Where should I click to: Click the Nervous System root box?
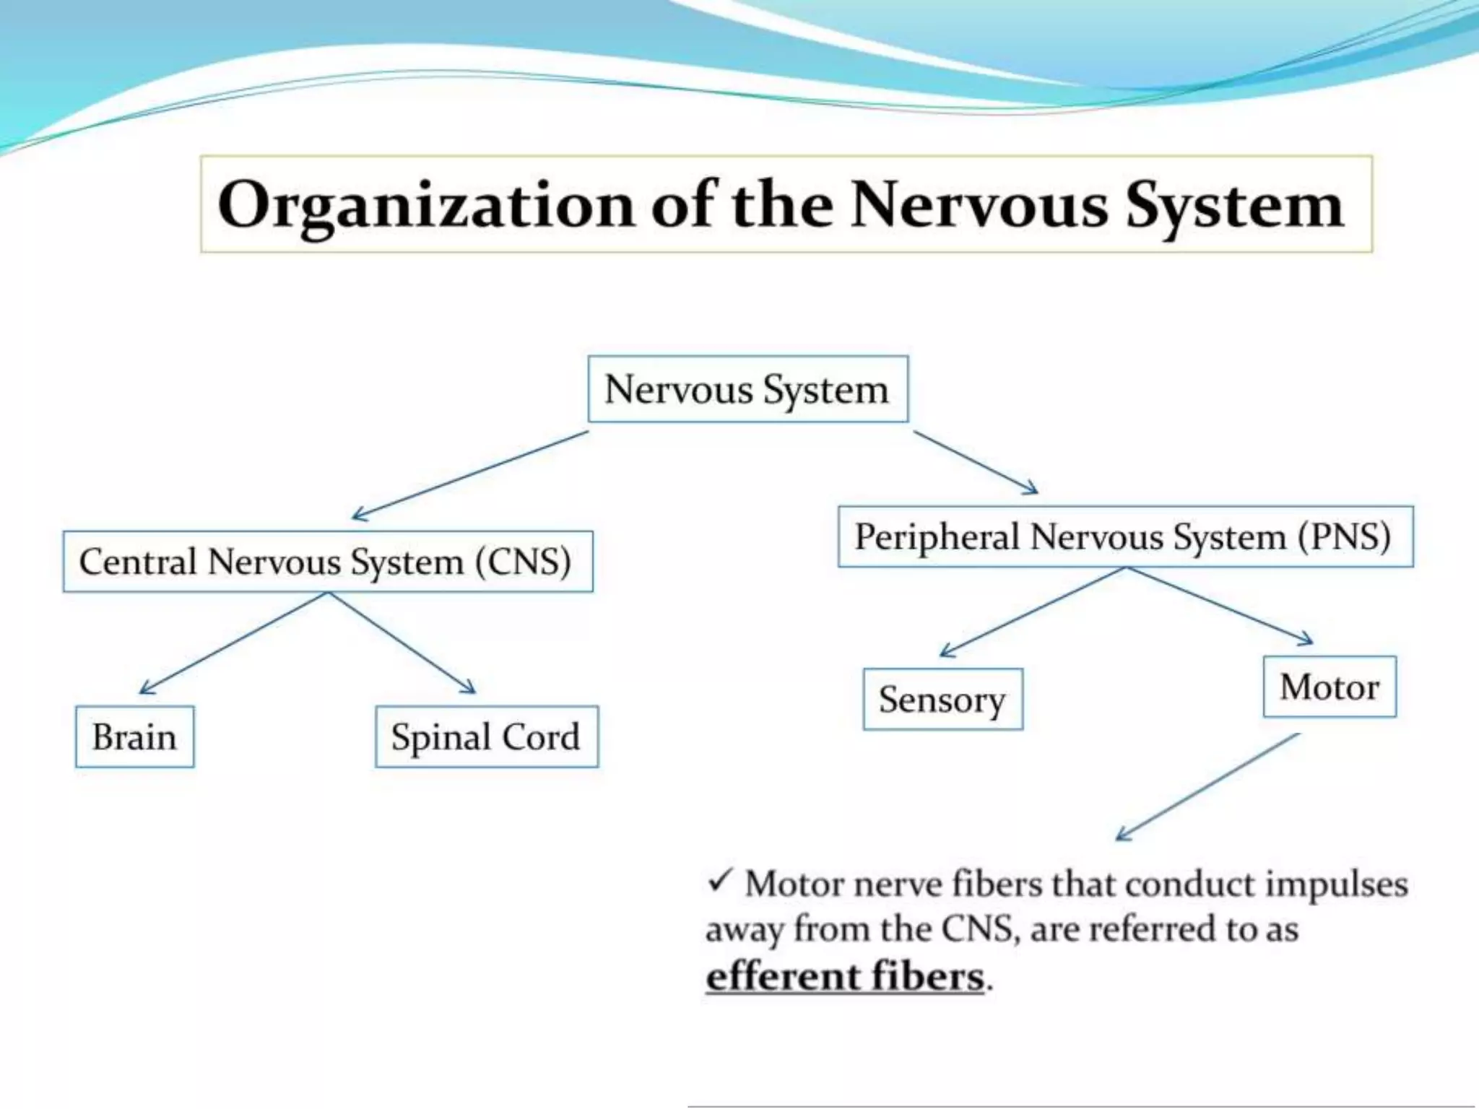pos(747,389)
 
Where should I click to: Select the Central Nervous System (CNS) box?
pos(328,562)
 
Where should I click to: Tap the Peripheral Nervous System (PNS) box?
pos(1125,536)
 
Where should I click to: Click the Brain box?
pos(134,736)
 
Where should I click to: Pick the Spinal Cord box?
pos(486,736)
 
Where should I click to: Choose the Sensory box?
pos(942,699)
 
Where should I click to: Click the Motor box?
pos(1329,687)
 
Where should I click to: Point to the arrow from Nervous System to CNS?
pos(470,476)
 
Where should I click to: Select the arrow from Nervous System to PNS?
pos(975,462)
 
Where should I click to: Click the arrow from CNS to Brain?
pos(233,643)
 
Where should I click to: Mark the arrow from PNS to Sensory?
pos(1033,612)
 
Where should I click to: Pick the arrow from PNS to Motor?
pos(1219,605)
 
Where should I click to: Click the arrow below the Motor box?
pos(1207,787)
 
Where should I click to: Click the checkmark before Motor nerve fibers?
pos(720,881)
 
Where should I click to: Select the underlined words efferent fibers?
pos(845,976)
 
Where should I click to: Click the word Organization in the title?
pos(425,205)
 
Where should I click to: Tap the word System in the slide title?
pos(1234,205)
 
